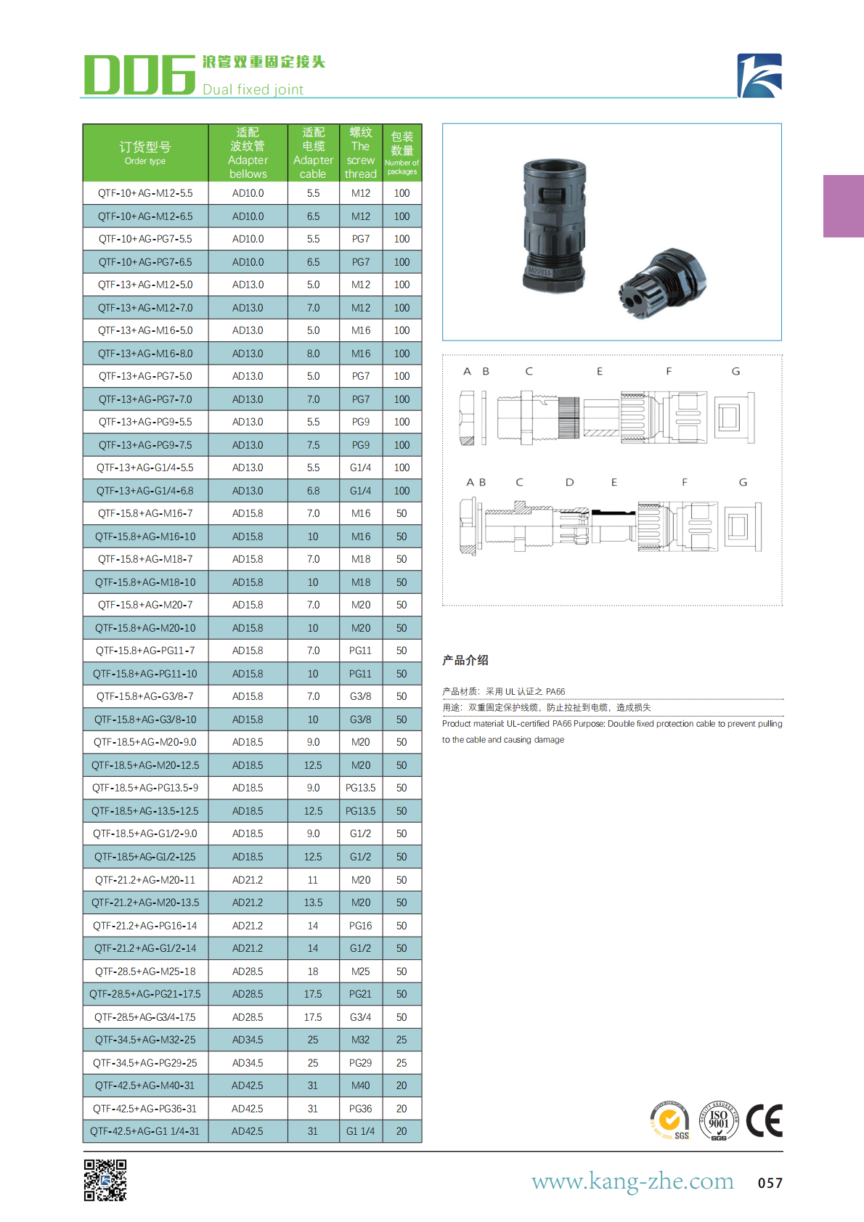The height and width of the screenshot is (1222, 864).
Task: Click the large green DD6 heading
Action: [139, 75]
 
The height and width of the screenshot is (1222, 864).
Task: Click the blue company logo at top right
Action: [759, 76]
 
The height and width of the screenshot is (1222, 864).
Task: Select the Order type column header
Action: [145, 152]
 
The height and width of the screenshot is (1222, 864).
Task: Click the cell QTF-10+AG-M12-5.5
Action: [145, 193]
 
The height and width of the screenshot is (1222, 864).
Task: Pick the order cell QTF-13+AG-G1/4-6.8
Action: [145, 491]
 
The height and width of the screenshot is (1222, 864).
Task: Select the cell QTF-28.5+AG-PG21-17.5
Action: [145, 994]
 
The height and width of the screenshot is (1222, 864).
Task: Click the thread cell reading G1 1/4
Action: [360, 1131]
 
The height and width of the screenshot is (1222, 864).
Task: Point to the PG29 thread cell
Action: [360, 1063]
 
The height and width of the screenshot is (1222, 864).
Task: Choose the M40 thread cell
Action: [360, 1085]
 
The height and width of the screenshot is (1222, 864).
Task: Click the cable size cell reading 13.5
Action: [313, 903]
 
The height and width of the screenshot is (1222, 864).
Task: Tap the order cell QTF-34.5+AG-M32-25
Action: [145, 1040]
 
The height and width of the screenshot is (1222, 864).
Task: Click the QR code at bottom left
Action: [105, 1180]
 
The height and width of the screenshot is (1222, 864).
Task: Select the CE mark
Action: [765, 1120]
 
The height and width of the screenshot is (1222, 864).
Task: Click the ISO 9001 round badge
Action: [718, 1120]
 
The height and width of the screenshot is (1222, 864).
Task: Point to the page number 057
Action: [770, 1183]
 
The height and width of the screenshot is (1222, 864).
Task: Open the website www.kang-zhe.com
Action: [632, 1181]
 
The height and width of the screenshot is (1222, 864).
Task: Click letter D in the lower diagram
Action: [569, 482]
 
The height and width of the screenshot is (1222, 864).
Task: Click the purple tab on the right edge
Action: [843, 206]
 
